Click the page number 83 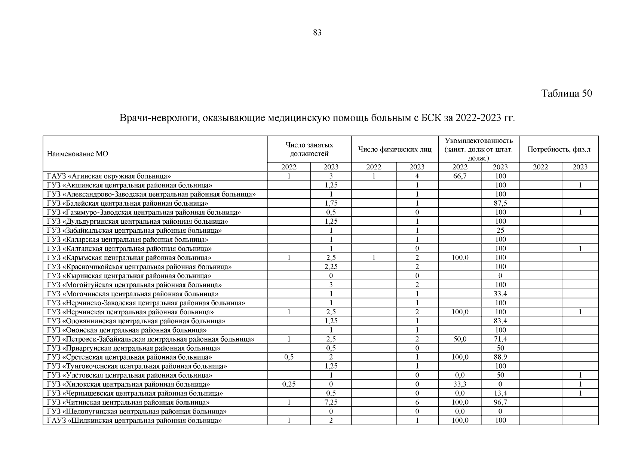(x=317, y=33)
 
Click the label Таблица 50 (x=567, y=94)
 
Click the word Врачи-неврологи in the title (x=156, y=119)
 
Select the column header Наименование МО (x=77, y=154)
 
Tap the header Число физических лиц (x=395, y=150)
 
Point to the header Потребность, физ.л (x=559, y=150)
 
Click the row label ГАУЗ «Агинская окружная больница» (x=109, y=176)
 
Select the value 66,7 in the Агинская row (x=460, y=176)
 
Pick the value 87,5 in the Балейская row (x=500, y=204)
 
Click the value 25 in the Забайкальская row (x=500, y=230)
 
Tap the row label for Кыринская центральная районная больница (x=129, y=276)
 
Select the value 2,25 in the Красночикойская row (x=331, y=267)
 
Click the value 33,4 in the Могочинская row (x=500, y=294)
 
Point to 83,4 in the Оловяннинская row (x=500, y=321)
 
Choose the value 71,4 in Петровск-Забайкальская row (x=500, y=339)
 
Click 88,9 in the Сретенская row (x=500, y=357)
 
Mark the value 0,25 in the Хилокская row (x=289, y=384)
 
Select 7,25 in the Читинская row (x=331, y=403)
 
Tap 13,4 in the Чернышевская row (x=500, y=394)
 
